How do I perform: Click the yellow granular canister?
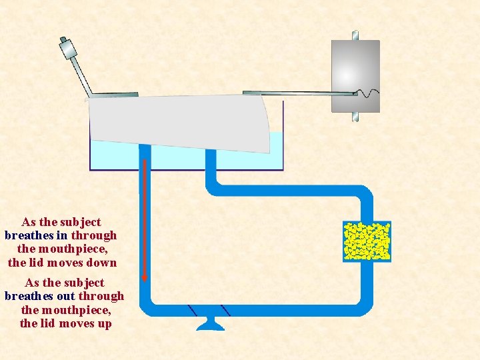point(366,240)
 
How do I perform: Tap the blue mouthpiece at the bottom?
point(209,325)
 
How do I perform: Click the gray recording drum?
point(355,75)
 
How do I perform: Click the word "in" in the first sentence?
point(61,235)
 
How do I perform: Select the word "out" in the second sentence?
point(66,296)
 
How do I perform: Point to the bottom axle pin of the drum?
point(355,117)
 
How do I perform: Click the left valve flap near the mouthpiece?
point(193,311)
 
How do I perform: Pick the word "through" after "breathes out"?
point(101,296)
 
